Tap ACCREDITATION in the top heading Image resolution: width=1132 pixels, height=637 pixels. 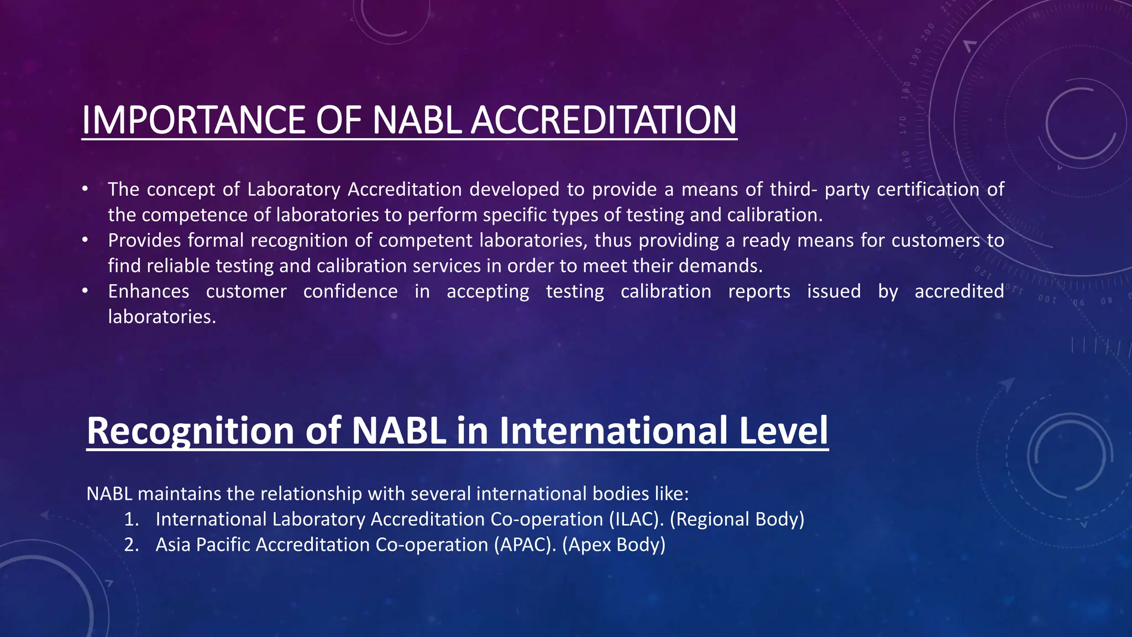click(604, 120)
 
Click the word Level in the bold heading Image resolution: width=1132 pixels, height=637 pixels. click(783, 430)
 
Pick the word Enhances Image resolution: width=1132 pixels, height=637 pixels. click(148, 291)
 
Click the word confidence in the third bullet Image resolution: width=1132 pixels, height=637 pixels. click(350, 291)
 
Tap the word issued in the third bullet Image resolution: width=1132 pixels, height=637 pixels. click(834, 291)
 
